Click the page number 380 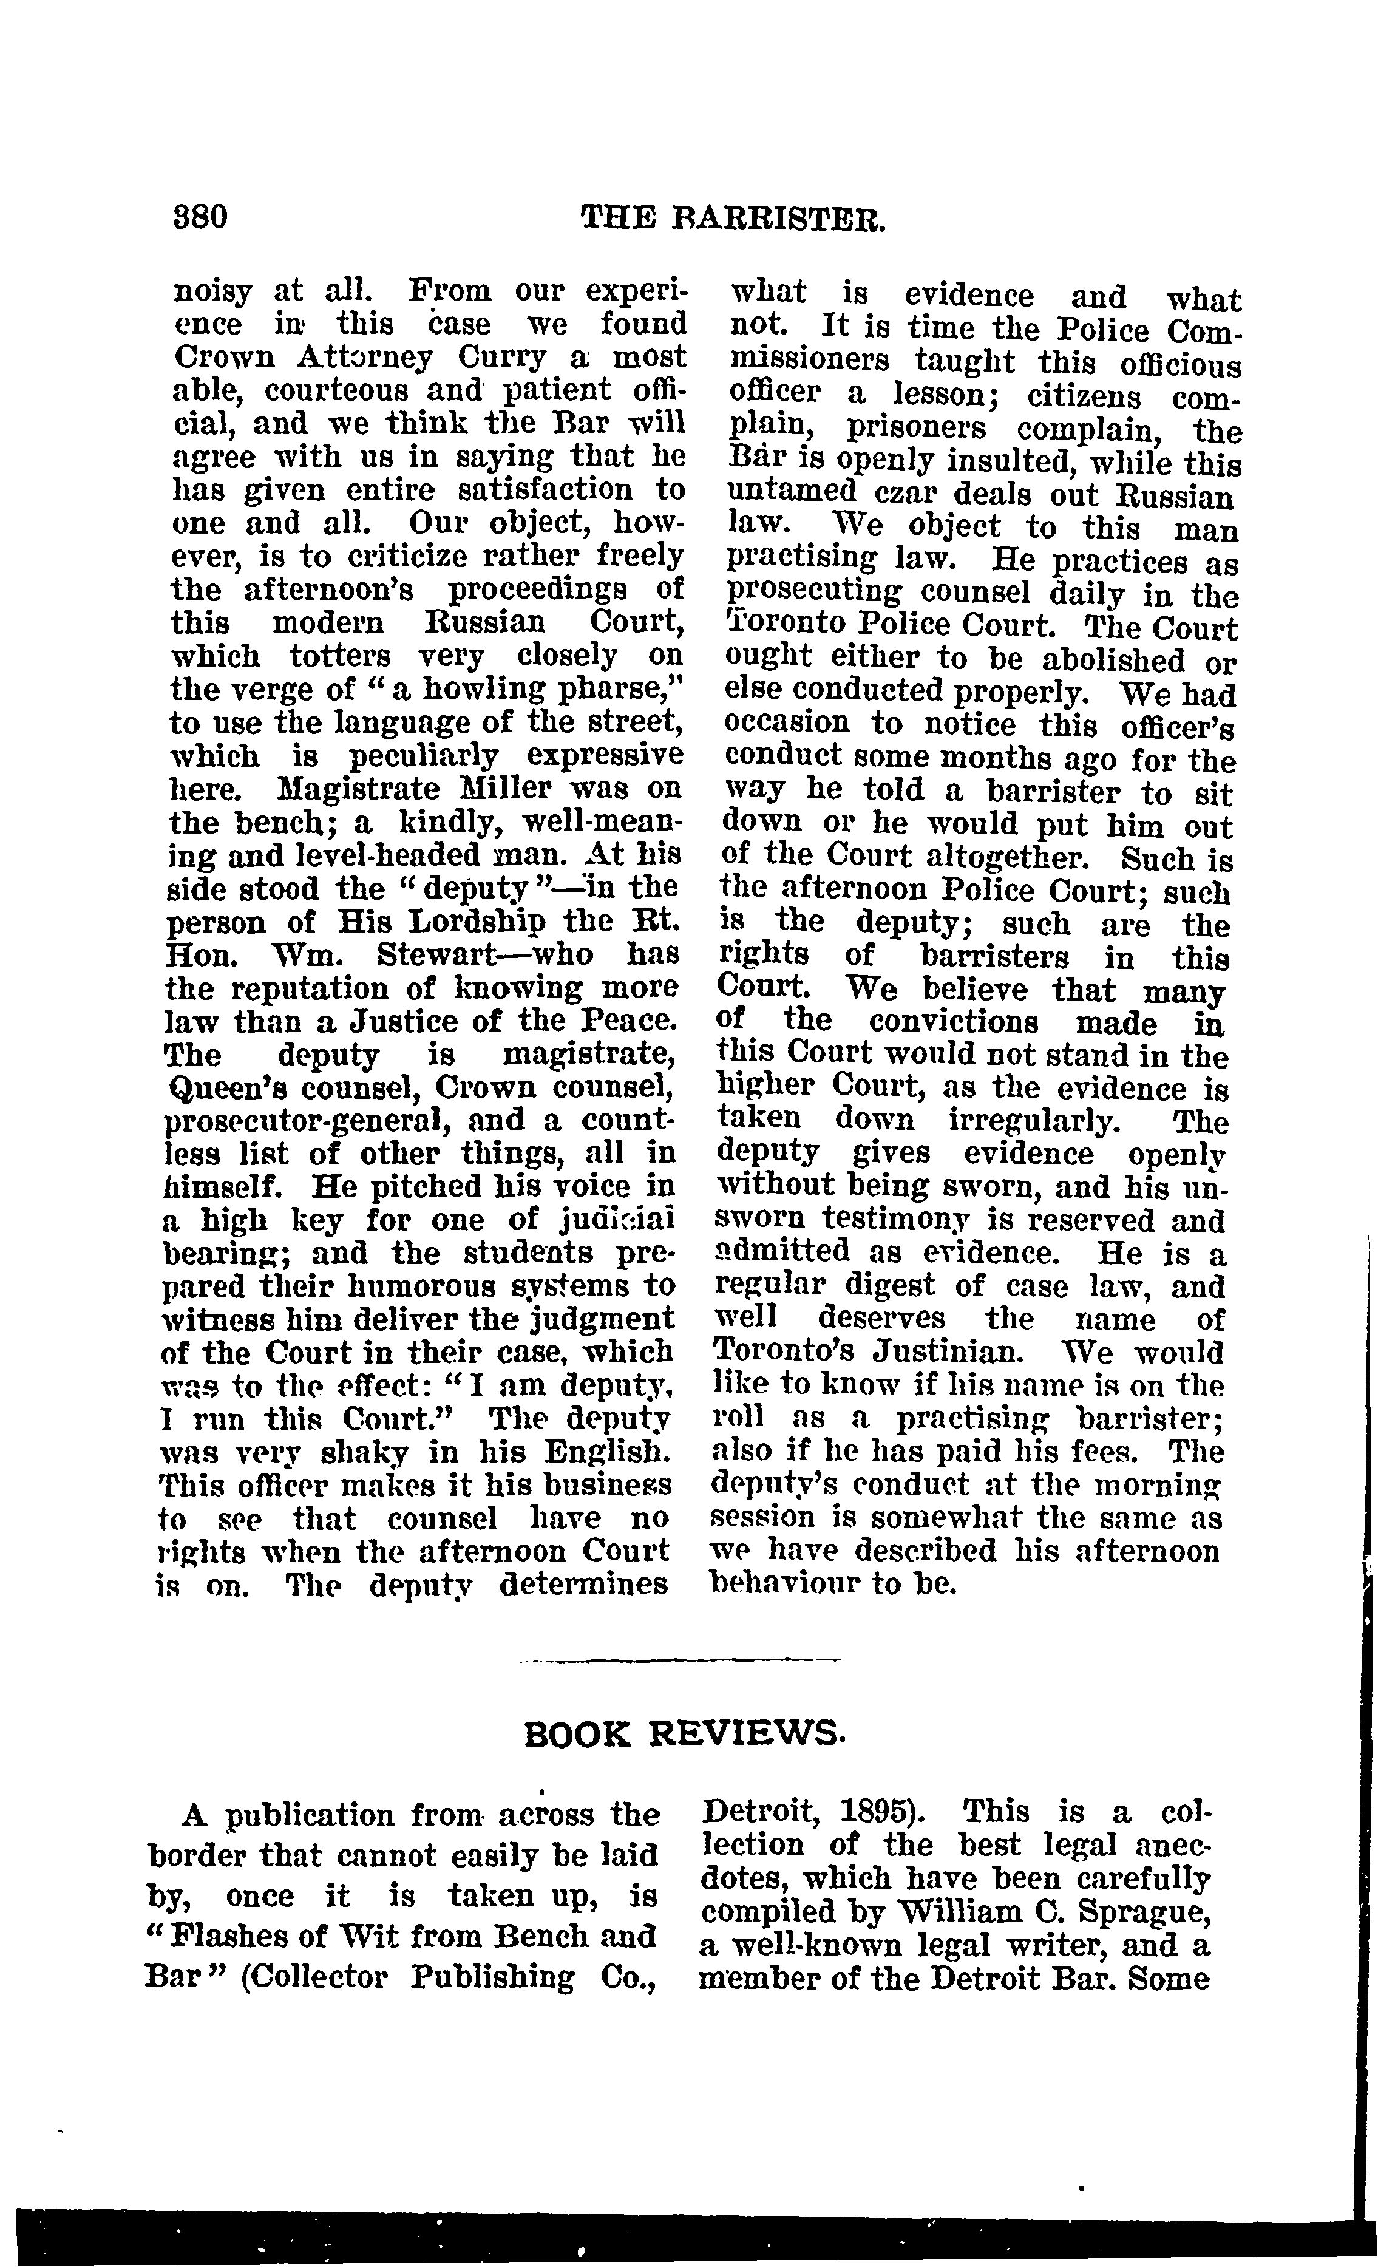point(200,218)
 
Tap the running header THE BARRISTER point(733,219)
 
